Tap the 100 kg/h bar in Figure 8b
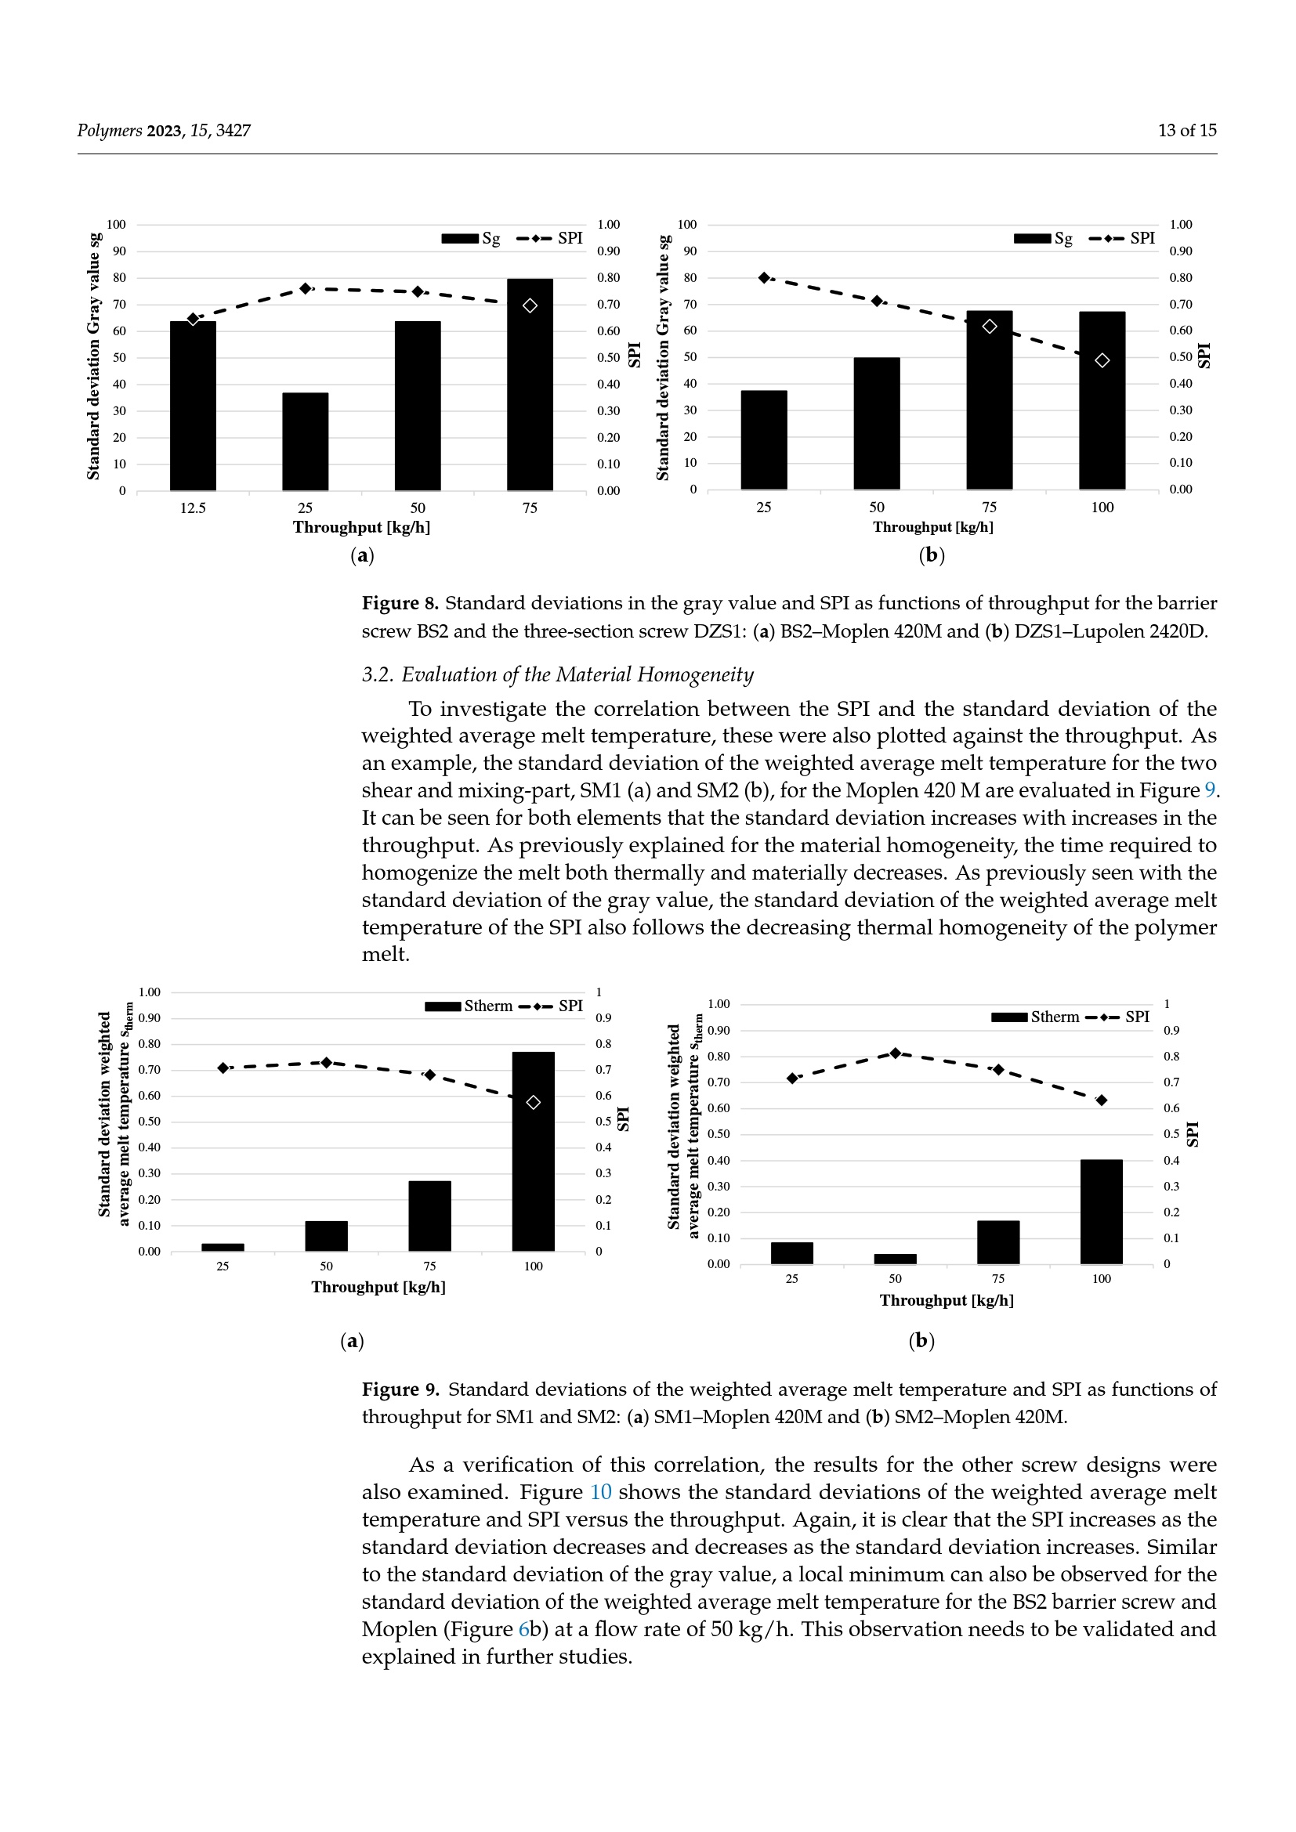coord(1102,400)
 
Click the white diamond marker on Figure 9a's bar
coord(533,1102)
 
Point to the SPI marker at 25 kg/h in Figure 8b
coord(764,278)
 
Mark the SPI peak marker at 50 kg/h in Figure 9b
coord(896,1053)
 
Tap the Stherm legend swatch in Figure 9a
coord(443,1006)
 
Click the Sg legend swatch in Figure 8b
coord(1032,238)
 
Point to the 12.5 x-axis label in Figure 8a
coord(192,508)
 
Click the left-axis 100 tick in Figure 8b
coord(686,224)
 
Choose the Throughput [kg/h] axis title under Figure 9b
coord(947,1301)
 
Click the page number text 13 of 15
coord(1186,130)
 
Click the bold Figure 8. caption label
coord(400,603)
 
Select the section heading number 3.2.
coord(378,675)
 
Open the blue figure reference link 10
coord(600,1492)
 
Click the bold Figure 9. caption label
coord(400,1389)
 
